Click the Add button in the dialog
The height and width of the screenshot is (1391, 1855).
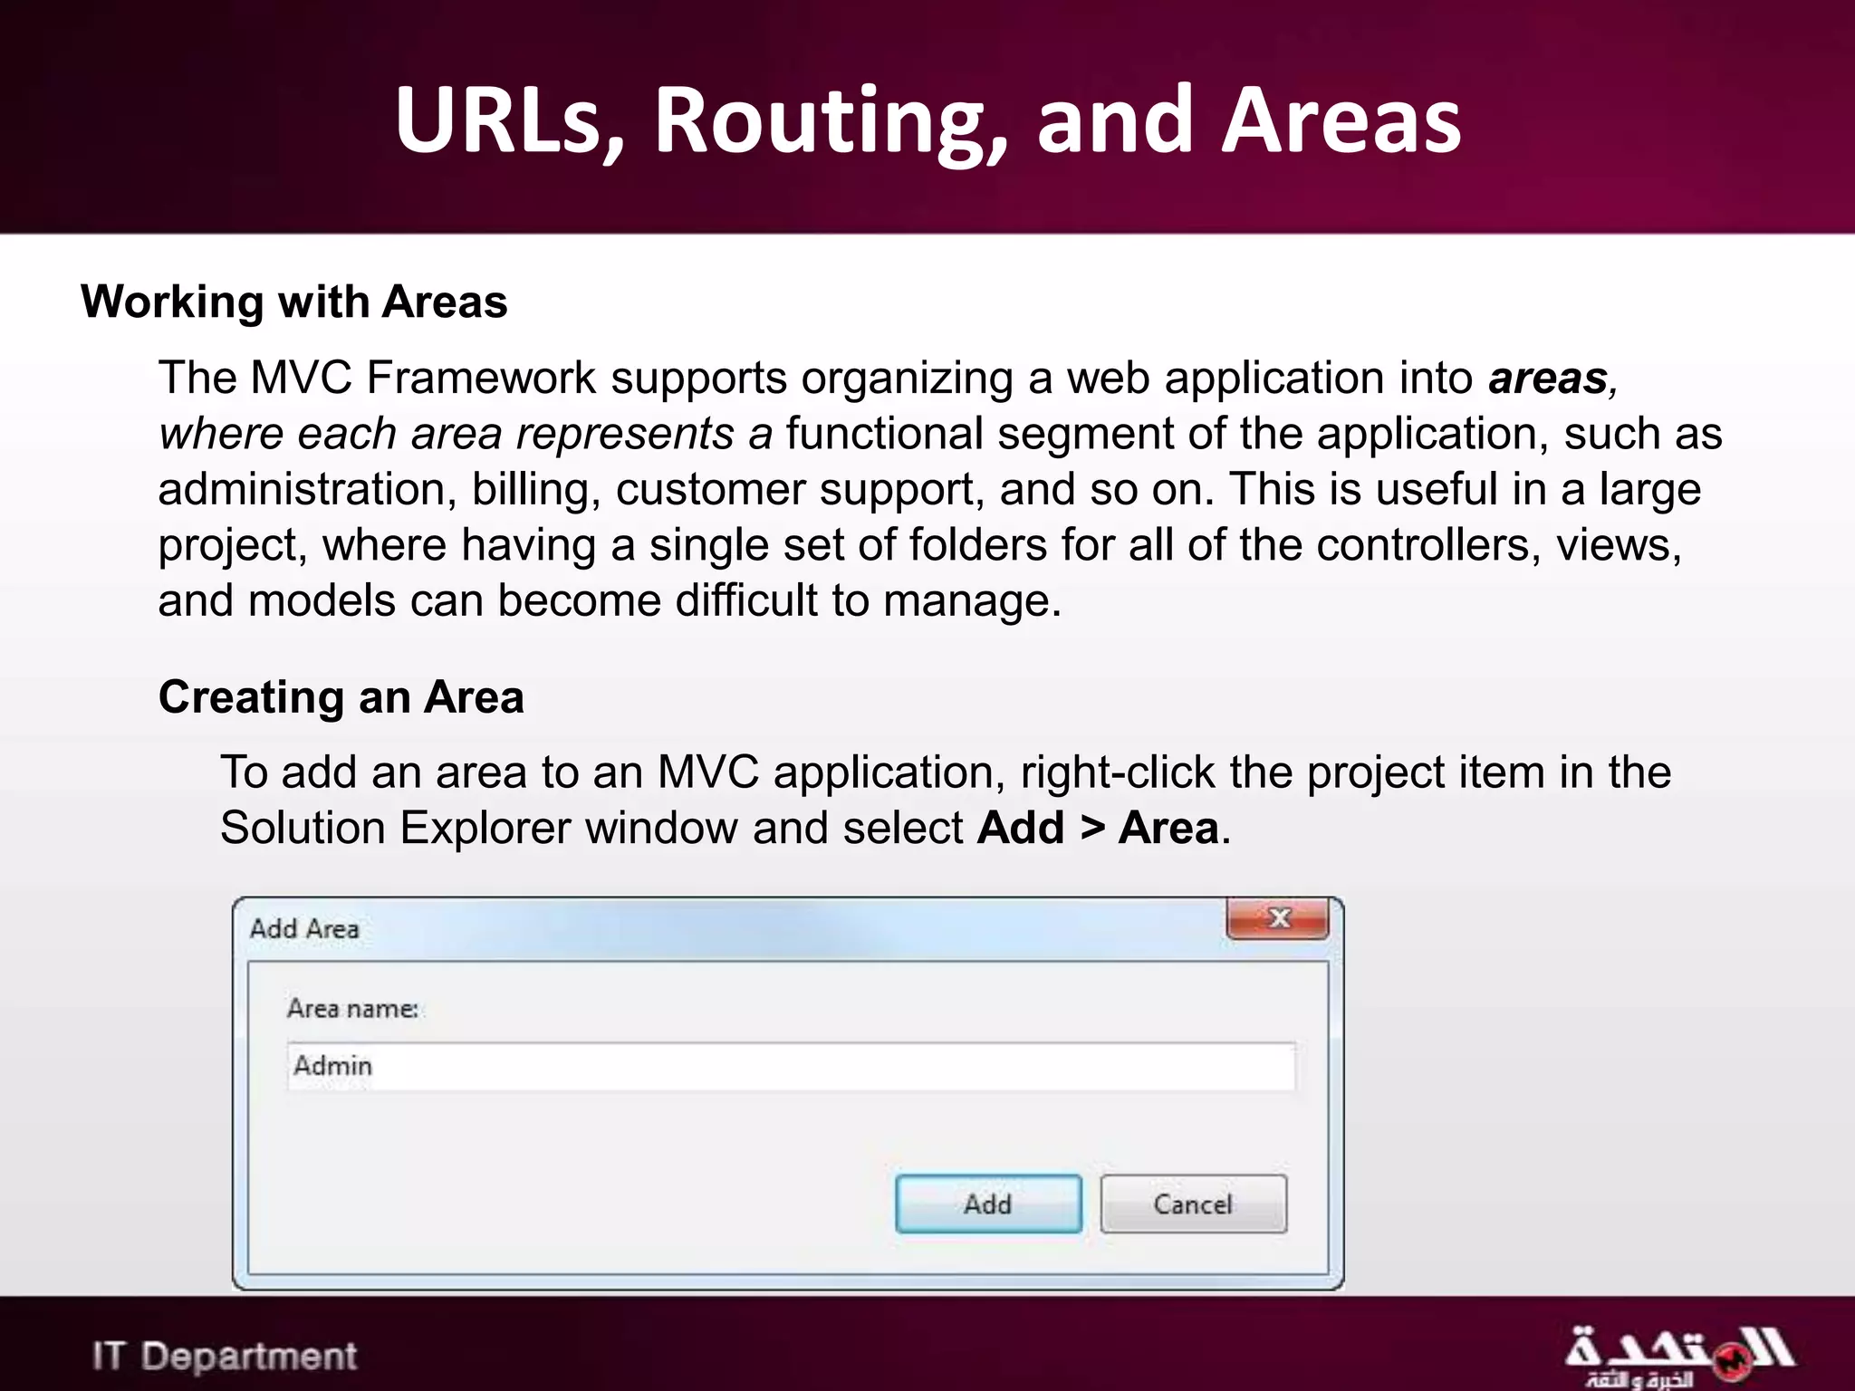point(988,1204)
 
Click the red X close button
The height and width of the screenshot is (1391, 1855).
point(1278,918)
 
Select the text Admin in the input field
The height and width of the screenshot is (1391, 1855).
point(332,1066)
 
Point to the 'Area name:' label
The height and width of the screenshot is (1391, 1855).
point(352,1008)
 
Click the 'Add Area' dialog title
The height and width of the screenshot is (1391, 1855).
point(304,929)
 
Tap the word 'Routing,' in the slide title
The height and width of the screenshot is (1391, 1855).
point(830,122)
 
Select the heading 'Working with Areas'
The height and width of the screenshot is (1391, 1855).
point(293,302)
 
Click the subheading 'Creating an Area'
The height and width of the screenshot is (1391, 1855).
point(341,697)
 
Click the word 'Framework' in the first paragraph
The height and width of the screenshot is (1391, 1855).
point(481,379)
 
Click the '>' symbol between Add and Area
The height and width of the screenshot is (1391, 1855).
point(1091,829)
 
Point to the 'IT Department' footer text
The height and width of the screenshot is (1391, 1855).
point(225,1357)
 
